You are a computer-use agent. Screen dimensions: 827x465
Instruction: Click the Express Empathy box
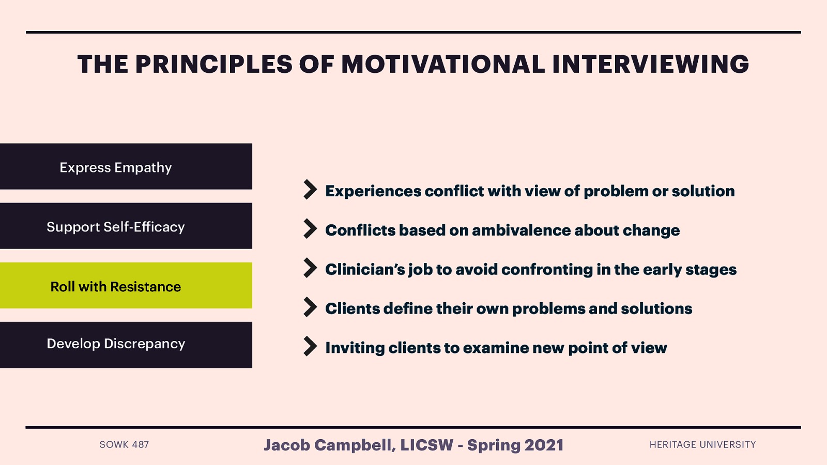click(126, 167)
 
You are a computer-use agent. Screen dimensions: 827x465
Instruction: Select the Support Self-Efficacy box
click(126, 226)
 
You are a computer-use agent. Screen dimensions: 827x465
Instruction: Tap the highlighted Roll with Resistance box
click(126, 286)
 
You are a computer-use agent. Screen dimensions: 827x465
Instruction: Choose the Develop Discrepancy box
click(126, 345)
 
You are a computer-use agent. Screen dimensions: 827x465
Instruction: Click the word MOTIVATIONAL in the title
click(443, 65)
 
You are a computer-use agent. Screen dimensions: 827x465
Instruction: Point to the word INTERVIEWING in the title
click(650, 65)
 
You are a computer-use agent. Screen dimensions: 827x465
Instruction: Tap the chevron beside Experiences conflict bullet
click(310, 190)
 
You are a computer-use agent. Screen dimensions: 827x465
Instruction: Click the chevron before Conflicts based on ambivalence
click(310, 229)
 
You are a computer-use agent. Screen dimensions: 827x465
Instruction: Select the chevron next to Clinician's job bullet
click(310, 268)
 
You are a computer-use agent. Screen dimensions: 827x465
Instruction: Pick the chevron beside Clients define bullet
click(310, 307)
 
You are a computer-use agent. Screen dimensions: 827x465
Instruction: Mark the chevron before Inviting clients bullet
click(310, 347)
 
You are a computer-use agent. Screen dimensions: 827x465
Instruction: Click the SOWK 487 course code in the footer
click(124, 445)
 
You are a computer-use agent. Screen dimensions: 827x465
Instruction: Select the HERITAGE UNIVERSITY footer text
click(702, 445)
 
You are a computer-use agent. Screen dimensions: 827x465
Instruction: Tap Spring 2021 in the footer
click(515, 445)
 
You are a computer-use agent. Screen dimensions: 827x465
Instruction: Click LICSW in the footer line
click(426, 445)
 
